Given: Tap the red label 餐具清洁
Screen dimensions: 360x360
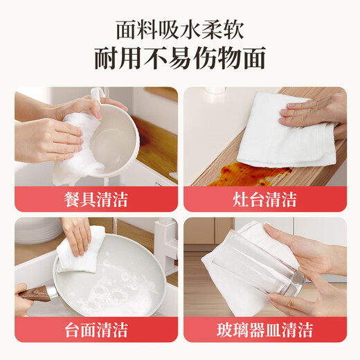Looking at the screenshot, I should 95,200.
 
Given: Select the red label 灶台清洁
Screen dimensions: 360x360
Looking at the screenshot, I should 264,200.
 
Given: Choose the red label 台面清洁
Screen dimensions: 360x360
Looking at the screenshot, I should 95,329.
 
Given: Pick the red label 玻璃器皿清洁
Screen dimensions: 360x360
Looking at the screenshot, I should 264,329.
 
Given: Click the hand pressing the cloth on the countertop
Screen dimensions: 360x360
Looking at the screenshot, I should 318,111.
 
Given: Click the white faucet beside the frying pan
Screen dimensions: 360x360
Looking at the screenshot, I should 164,239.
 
